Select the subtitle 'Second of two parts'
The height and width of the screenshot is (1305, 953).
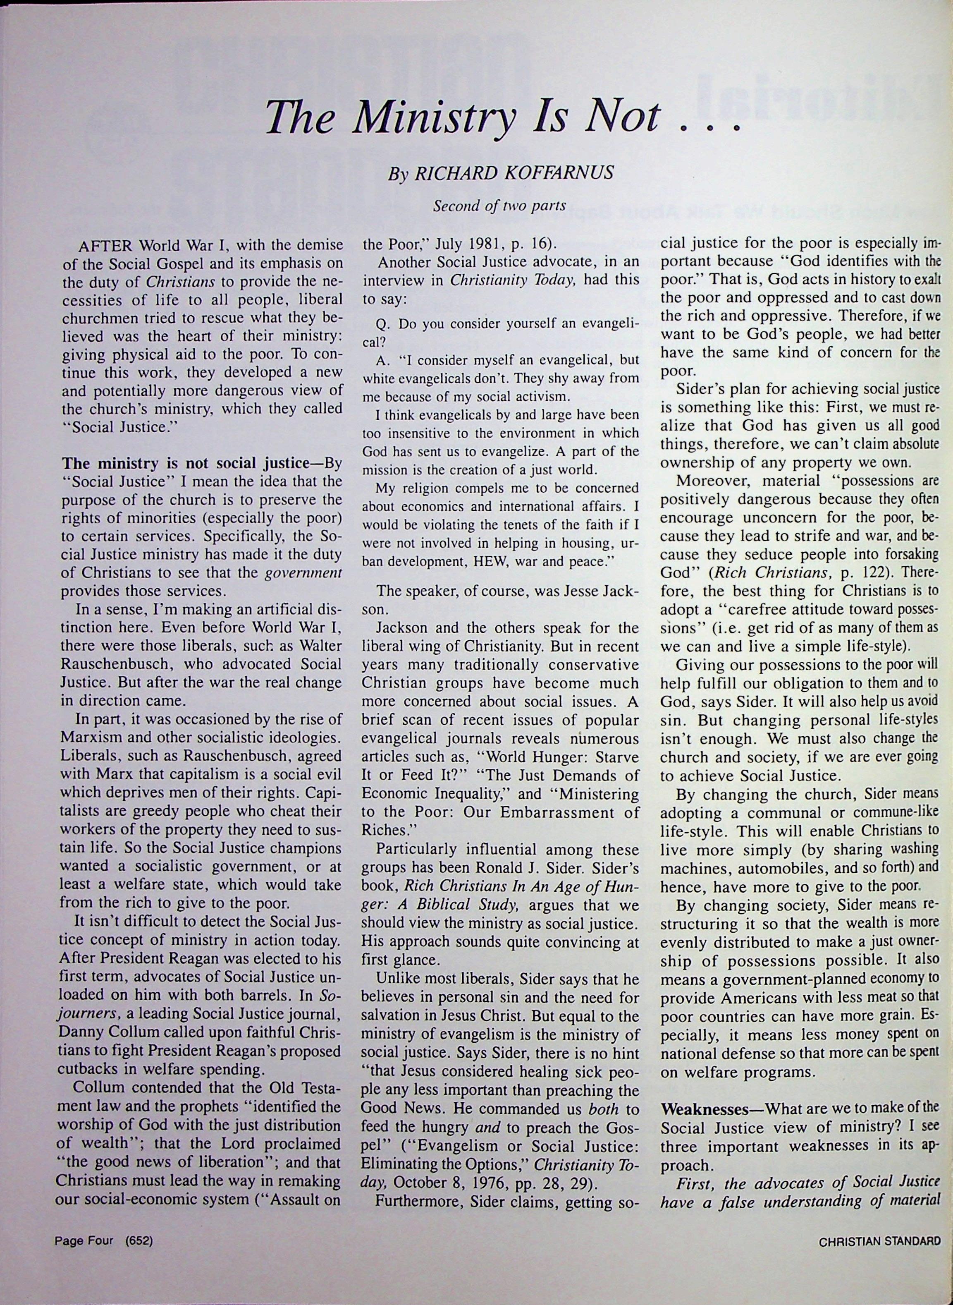tap(499, 206)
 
